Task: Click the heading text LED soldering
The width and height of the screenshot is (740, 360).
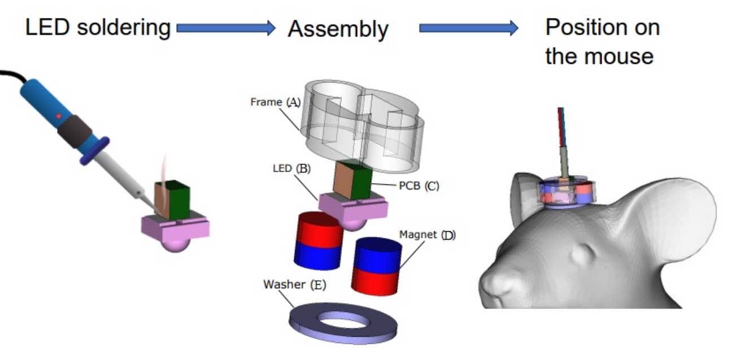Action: coord(98,28)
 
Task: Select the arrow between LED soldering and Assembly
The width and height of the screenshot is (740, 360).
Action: coord(226,28)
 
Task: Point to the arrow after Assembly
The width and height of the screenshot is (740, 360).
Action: coord(469,28)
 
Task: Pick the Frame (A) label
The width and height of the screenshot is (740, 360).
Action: coord(275,102)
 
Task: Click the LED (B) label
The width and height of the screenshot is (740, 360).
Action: coord(291,168)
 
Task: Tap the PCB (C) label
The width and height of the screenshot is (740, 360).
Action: coord(419,186)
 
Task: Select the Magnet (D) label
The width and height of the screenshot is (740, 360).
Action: coord(428,235)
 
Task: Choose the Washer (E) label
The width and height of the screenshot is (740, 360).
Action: coord(294,285)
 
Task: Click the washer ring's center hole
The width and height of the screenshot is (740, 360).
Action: coord(342,320)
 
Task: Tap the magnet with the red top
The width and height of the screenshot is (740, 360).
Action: coord(319,241)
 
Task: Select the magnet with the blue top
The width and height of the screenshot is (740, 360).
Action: coord(377,266)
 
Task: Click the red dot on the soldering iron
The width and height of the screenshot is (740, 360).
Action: coord(59,116)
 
